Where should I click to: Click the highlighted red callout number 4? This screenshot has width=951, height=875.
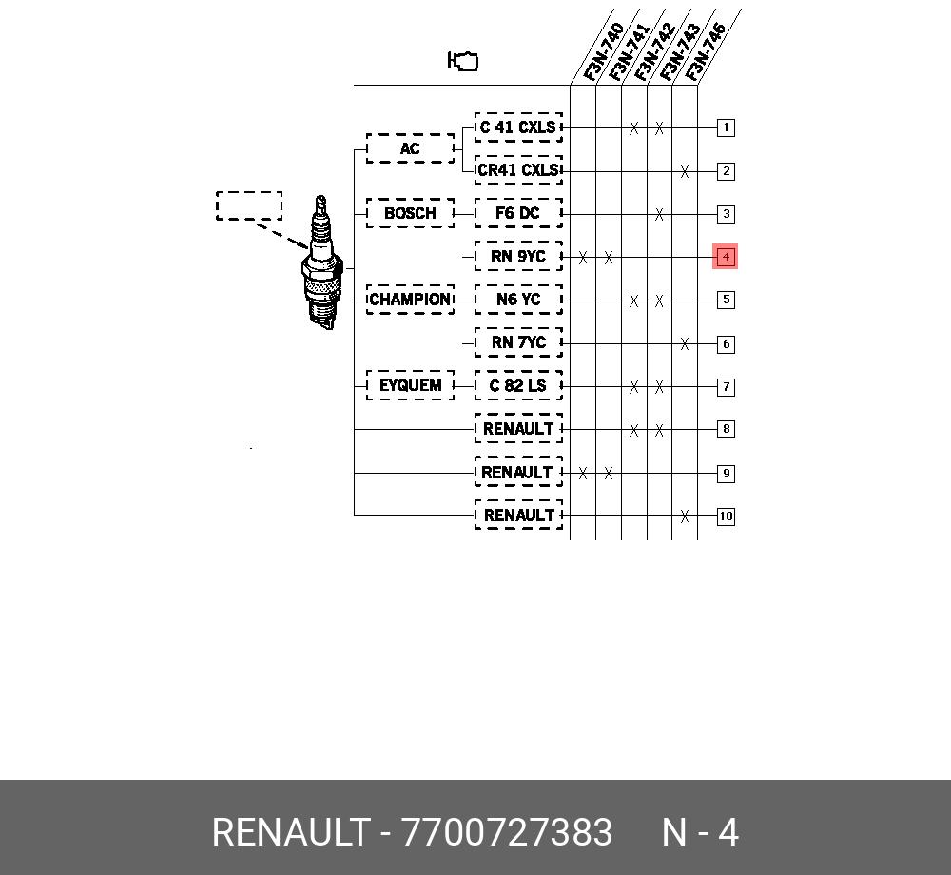[726, 257]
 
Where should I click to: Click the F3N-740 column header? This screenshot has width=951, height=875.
[603, 51]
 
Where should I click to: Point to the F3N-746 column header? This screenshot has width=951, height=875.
[705, 51]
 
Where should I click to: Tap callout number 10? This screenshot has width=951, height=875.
[726, 516]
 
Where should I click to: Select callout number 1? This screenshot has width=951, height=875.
[726, 127]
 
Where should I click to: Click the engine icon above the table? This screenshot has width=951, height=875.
[463, 61]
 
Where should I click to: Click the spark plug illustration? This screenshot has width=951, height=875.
[322, 262]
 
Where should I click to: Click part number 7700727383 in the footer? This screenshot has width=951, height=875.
[507, 832]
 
